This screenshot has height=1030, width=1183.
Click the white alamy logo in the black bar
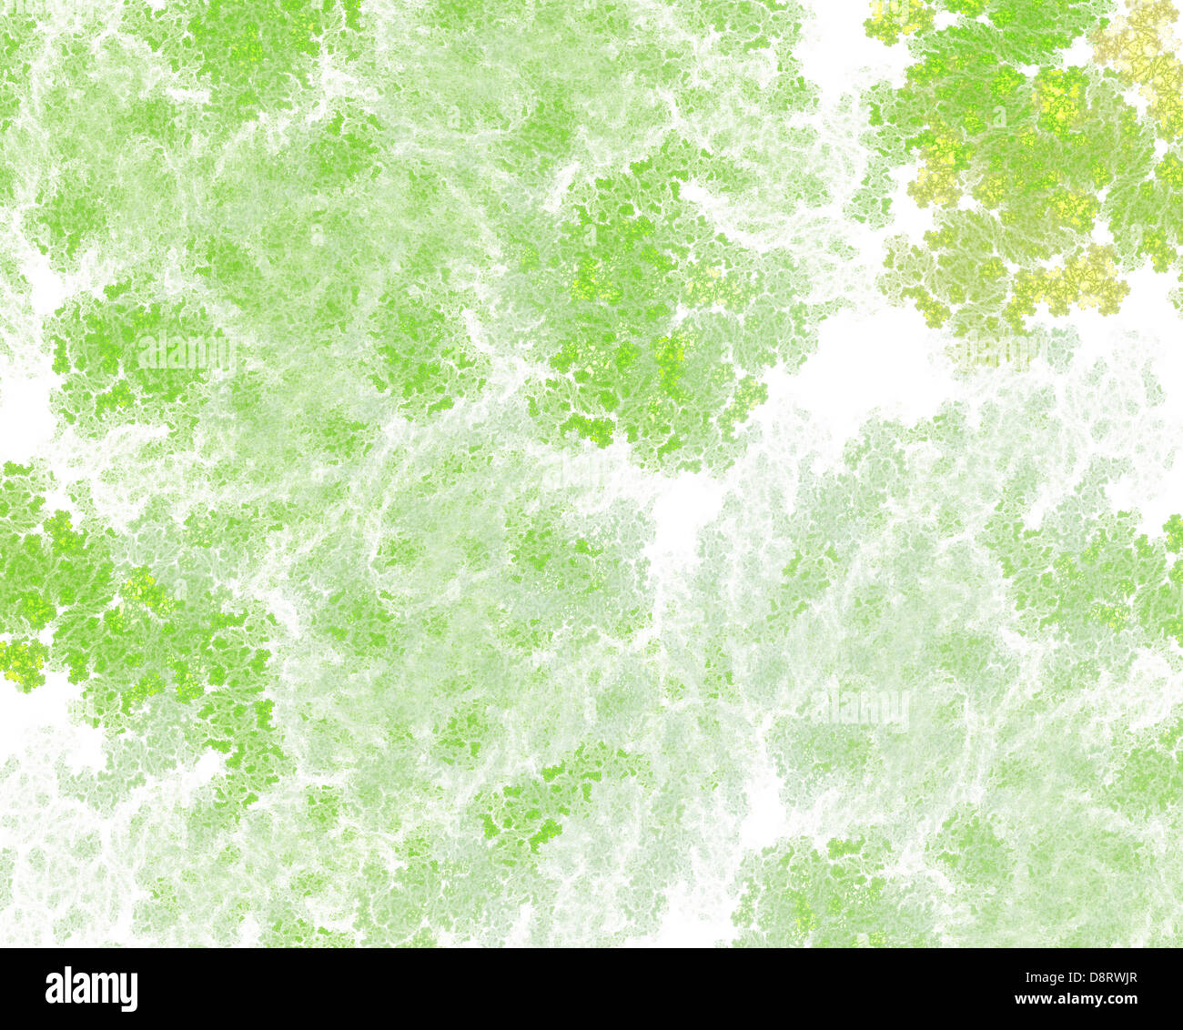point(91,989)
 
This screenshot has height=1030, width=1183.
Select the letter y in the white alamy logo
point(129,993)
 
